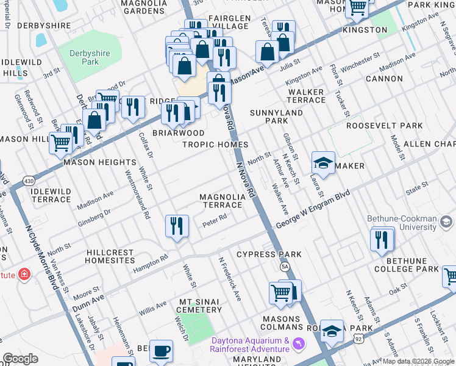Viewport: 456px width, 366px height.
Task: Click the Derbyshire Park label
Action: pyautogui.click(x=90, y=57)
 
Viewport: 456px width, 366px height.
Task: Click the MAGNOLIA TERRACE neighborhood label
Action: pyautogui.click(x=223, y=201)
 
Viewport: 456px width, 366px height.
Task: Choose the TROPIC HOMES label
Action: pyautogui.click(x=215, y=145)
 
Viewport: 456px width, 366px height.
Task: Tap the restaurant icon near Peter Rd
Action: pyautogui.click(x=177, y=226)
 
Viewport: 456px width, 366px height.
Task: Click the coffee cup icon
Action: pyautogui.click(x=162, y=351)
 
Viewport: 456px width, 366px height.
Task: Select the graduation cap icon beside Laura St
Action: pyautogui.click(x=323, y=163)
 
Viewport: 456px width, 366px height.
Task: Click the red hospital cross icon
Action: pyautogui.click(x=24, y=274)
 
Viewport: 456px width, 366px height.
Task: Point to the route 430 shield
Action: pyautogui.click(x=29, y=181)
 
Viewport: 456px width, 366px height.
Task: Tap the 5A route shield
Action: pyautogui.click(x=285, y=267)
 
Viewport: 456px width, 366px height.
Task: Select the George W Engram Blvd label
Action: pyautogui.click(x=313, y=210)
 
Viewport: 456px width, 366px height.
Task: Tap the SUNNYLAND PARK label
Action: pyautogui.click(x=276, y=117)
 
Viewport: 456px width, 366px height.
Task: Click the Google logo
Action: pyautogui.click(x=21, y=359)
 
